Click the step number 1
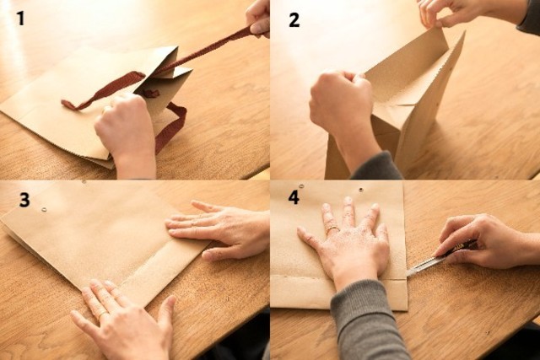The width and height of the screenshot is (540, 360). pos(20,19)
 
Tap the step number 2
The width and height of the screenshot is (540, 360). pos(294,19)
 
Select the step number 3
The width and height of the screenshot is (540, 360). pos(24,200)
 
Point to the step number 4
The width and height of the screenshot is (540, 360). pos(294,197)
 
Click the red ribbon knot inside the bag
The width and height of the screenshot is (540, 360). pos(151,94)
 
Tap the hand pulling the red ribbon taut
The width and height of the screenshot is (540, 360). pos(258,17)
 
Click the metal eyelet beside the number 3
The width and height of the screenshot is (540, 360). pos(44,210)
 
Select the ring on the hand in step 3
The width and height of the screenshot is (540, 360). pos(103,314)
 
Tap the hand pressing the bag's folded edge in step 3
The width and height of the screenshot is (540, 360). pos(218,228)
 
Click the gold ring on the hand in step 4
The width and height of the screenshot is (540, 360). pos(332,228)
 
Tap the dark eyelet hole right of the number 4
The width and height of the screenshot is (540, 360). pos(361,190)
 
